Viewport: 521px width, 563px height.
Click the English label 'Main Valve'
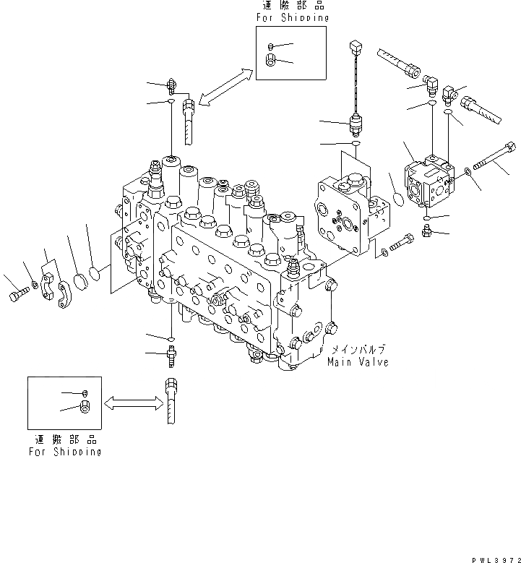coord(358,361)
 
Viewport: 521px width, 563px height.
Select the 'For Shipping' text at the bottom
coord(65,452)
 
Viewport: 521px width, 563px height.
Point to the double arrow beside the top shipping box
coord(224,87)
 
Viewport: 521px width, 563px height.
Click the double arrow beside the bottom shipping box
coord(132,403)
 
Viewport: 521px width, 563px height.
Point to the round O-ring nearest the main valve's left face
coord(95,272)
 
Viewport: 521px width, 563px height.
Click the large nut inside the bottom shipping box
coord(85,408)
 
